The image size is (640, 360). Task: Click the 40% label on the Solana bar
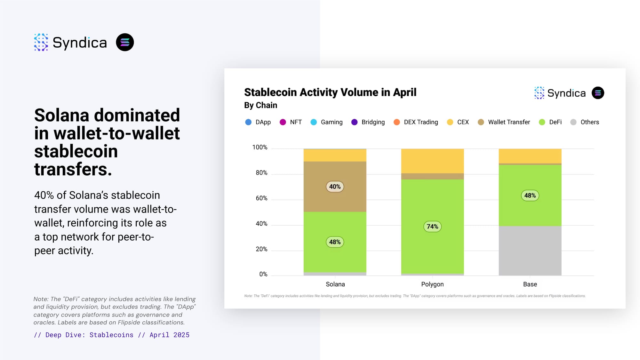coord(335,187)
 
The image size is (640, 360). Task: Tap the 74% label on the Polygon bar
coord(432,227)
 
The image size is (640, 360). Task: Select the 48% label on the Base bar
coord(530,196)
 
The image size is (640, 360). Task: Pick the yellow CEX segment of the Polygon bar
coord(432,161)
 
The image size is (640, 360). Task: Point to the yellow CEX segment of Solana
coord(335,155)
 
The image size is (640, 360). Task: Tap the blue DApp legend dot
coord(248,122)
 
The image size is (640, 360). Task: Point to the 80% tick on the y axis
coord(261,173)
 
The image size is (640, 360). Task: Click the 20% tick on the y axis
coord(261,249)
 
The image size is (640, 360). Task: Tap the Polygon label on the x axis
coord(432,284)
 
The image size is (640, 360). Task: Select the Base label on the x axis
coord(530,284)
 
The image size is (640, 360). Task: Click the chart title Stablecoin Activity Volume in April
coord(330,92)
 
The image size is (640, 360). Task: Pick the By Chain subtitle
coord(260,105)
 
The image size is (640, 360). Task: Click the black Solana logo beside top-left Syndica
coord(125,42)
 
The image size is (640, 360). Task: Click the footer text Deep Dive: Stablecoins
coord(89,335)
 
